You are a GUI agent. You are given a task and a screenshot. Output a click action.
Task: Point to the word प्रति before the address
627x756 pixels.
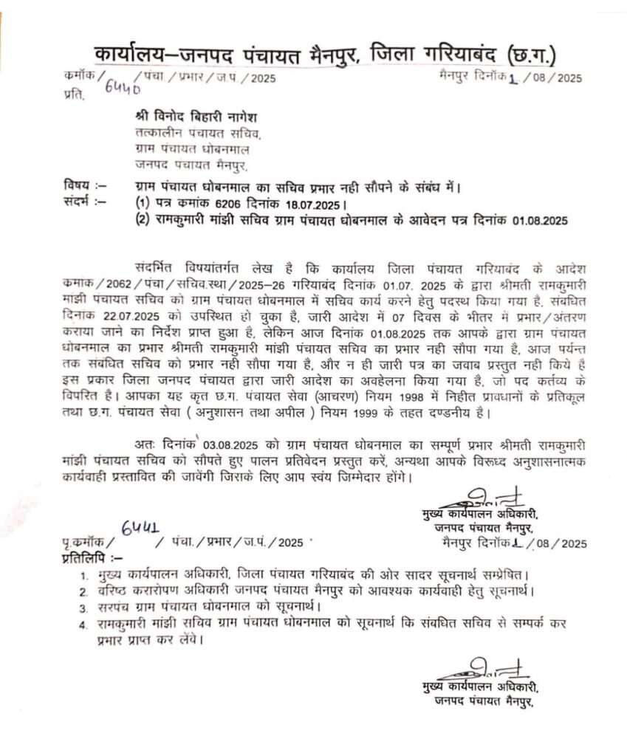[x=74, y=96]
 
